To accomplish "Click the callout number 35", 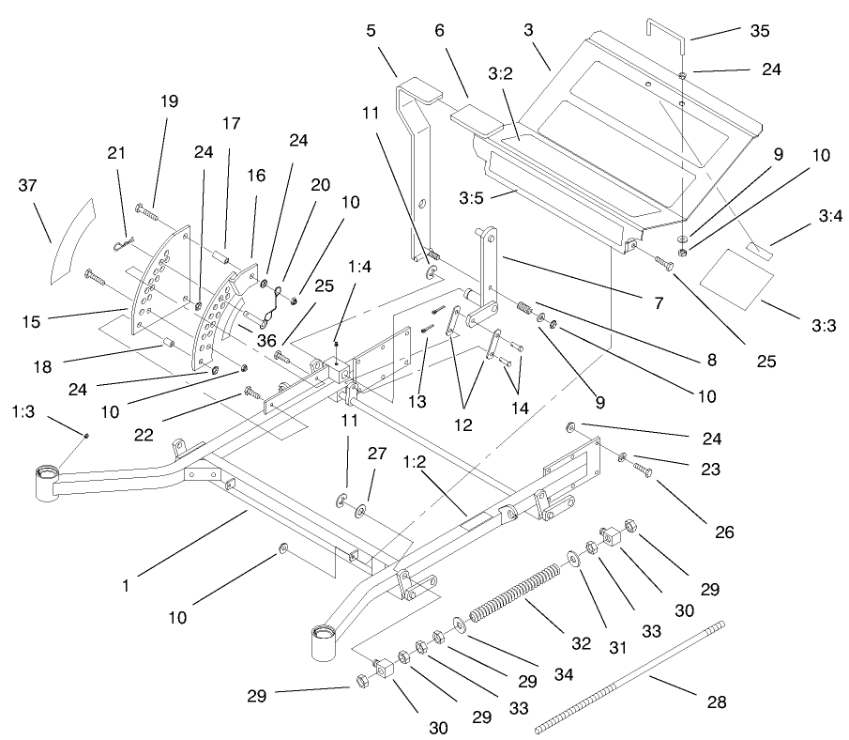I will [760, 31].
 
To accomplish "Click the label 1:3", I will [26, 410].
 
